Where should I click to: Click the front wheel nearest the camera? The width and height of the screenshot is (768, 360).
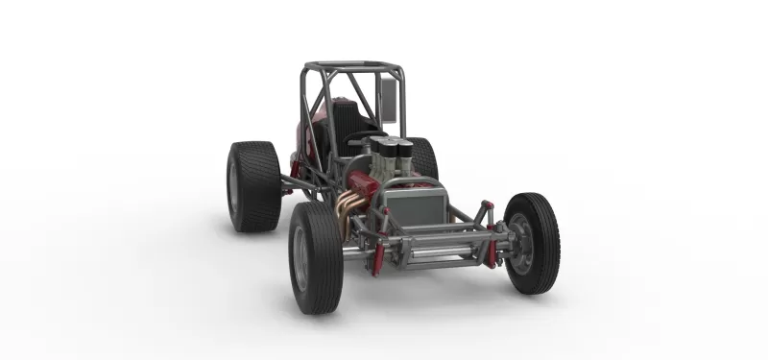pyautogui.click(x=316, y=257)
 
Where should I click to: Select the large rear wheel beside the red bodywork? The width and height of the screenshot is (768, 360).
pyautogui.click(x=253, y=186)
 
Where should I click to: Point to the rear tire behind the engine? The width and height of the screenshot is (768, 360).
pyautogui.click(x=423, y=158)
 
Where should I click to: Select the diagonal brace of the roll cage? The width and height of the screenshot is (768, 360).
pyautogui.click(x=326, y=96)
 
